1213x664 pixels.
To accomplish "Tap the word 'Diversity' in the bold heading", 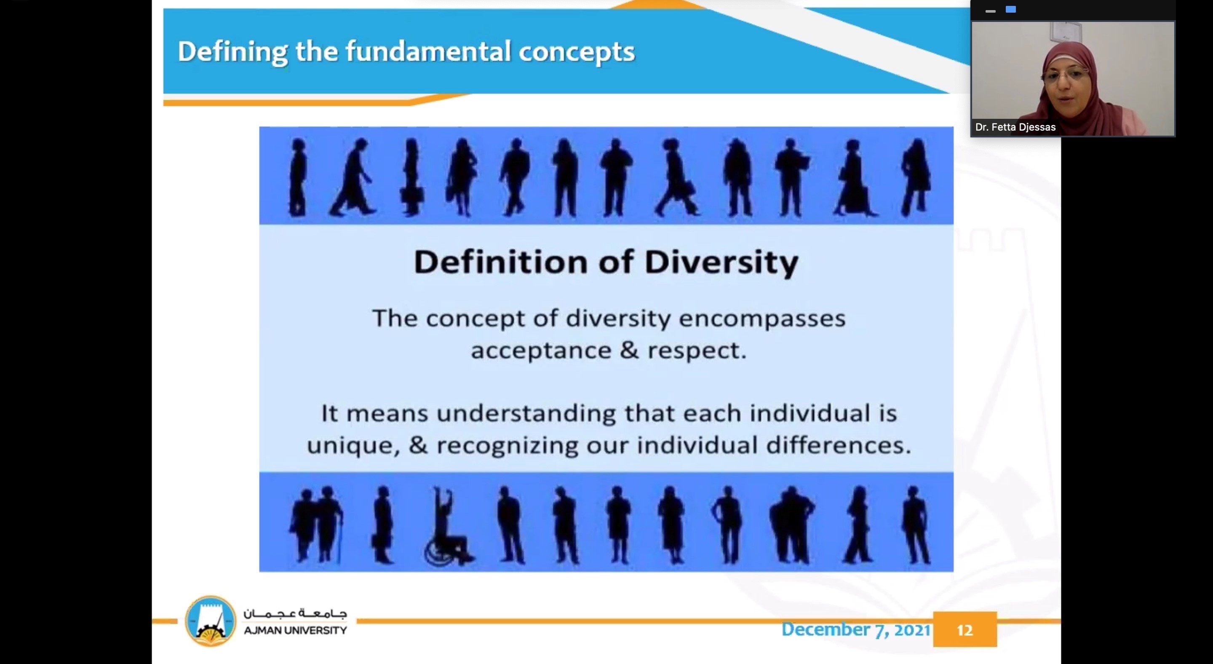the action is (721, 263).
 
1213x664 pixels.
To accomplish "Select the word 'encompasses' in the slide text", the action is (762, 319).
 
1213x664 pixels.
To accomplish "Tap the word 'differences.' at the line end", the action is (838, 445).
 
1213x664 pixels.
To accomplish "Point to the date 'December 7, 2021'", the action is (855, 629).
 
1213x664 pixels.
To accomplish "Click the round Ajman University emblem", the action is (210, 621).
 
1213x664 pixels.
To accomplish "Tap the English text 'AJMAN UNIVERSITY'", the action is (295, 631).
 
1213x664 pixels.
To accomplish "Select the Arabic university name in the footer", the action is (295, 613).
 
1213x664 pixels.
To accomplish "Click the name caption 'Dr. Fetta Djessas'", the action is (1015, 127).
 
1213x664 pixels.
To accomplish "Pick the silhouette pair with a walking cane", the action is (315, 524).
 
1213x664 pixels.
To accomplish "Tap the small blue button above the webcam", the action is (1010, 9).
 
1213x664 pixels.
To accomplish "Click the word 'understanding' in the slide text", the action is (526, 414).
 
